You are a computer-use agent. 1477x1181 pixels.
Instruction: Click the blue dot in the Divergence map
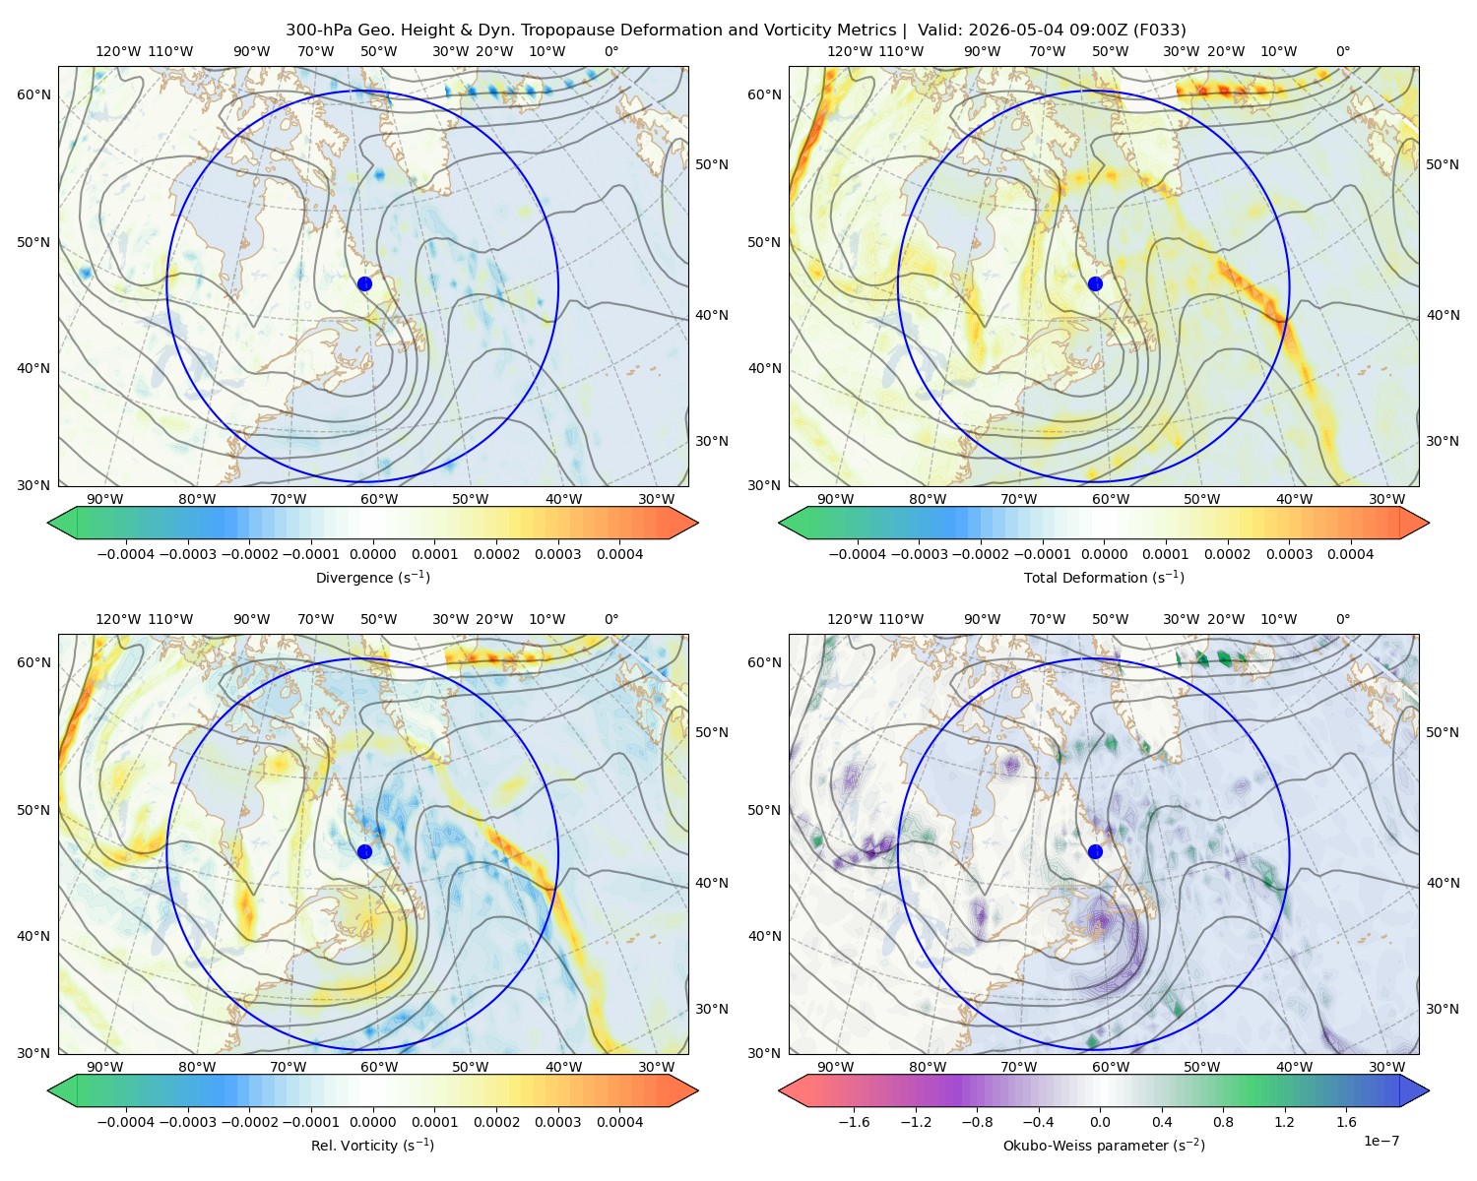point(364,284)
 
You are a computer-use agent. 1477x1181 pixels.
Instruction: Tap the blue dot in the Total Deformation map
point(1095,284)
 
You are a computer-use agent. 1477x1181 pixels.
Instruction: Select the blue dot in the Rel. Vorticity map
point(364,851)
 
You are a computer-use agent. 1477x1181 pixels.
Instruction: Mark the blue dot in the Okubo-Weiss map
point(1095,851)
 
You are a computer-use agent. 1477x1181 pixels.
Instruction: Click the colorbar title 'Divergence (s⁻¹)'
point(372,578)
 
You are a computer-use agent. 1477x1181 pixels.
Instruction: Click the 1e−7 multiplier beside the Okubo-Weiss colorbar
point(1381,1141)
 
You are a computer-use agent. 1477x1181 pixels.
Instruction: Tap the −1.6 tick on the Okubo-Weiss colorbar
point(854,1122)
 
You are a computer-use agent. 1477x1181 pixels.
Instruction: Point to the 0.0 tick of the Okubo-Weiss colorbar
point(1100,1122)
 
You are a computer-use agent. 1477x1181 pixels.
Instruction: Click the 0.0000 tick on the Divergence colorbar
point(372,554)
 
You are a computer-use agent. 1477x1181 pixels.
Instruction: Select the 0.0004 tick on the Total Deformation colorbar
point(1351,554)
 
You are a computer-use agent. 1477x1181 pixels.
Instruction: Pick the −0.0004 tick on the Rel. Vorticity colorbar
point(126,1122)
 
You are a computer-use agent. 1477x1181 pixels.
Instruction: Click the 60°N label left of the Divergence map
point(33,94)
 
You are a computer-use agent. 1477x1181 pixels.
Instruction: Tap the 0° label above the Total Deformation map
point(1343,51)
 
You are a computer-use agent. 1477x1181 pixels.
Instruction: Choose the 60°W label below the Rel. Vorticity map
point(379,1067)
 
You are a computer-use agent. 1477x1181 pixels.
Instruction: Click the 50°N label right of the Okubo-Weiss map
point(1443,732)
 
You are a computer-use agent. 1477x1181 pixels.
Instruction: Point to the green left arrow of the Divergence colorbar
point(62,523)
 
